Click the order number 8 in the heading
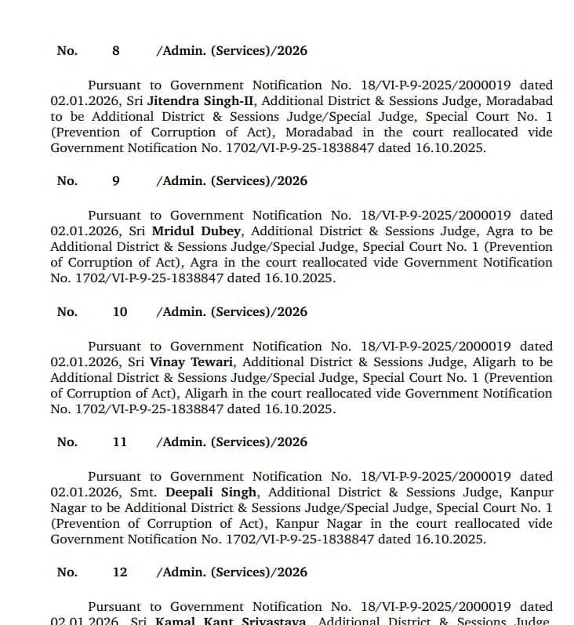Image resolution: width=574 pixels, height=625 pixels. (116, 51)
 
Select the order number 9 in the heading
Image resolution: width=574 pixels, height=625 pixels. (116, 181)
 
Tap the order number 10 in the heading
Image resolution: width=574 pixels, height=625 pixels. (119, 312)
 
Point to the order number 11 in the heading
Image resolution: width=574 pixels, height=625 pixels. (119, 442)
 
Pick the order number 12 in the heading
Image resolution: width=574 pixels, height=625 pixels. (119, 572)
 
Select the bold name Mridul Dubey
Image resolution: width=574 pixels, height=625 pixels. (197, 231)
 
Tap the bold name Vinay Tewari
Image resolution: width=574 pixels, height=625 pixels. (195, 362)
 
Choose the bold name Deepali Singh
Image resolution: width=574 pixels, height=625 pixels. (210, 492)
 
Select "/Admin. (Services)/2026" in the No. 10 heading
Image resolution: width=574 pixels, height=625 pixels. (231, 312)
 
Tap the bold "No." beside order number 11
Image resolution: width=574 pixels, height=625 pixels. (67, 442)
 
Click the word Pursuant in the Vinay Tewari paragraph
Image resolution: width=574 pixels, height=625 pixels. (117, 347)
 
